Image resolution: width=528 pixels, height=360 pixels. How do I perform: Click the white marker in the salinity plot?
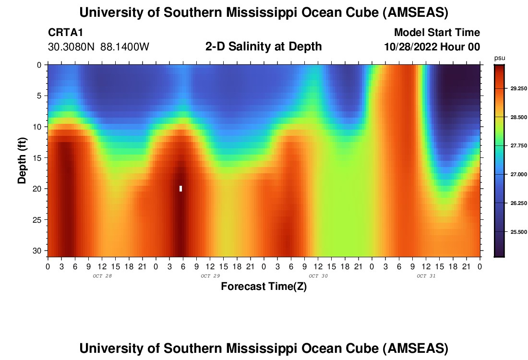(180, 189)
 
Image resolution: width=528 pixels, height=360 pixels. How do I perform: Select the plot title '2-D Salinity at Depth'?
(264, 47)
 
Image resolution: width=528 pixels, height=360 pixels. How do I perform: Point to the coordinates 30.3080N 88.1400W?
(99, 47)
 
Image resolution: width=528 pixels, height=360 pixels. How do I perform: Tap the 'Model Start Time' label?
(437, 33)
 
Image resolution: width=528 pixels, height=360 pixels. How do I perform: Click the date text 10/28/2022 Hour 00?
(432, 47)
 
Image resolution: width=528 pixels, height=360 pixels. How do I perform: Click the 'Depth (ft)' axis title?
(22, 160)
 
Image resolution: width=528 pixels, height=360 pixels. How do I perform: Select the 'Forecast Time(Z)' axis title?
(264, 287)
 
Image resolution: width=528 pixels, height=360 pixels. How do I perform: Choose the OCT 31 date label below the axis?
(426, 276)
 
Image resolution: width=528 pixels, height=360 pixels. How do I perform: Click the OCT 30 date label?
(318, 276)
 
